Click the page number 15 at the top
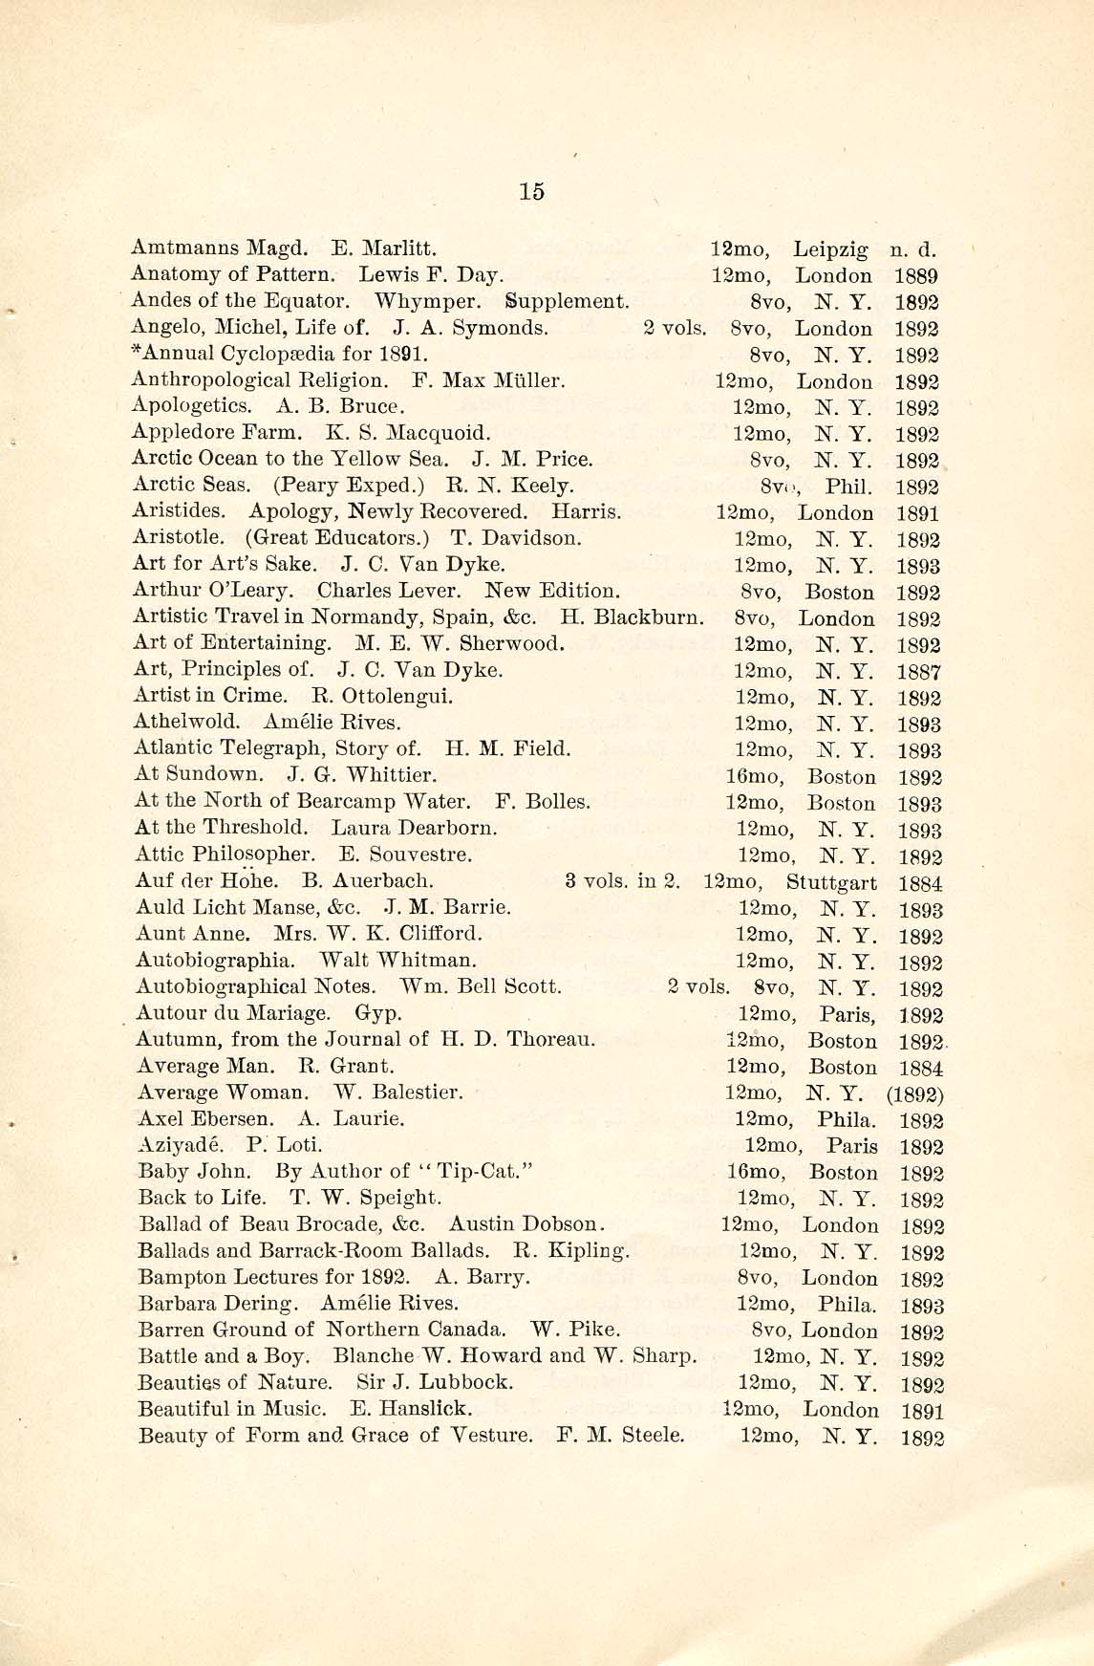click(532, 191)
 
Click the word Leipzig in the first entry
click(830, 250)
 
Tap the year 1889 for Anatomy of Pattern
click(917, 276)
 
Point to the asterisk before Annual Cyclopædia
click(135, 352)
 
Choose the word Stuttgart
click(831, 883)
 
